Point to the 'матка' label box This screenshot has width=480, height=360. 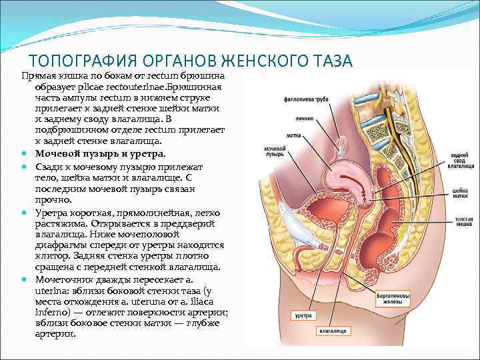290,133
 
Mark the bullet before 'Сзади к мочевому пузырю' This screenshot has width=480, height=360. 24,164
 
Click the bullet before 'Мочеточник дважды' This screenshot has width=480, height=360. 24,279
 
